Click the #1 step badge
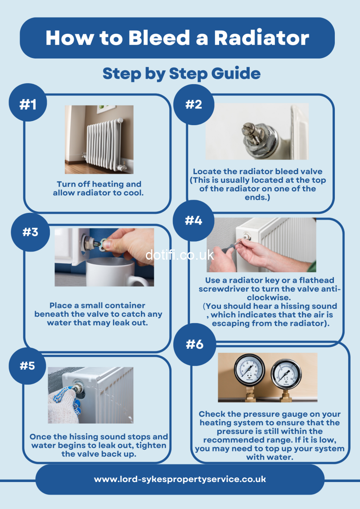click(27, 103)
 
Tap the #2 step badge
click(194, 104)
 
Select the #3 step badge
click(30, 232)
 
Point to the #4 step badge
click(193, 221)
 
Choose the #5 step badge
click(27, 366)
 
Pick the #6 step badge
click(195, 344)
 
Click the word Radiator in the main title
click(261, 38)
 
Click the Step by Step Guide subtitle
click(181, 74)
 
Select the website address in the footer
click(180, 479)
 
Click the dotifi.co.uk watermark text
click(180, 255)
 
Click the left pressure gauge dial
click(250, 369)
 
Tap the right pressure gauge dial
click(286, 374)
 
